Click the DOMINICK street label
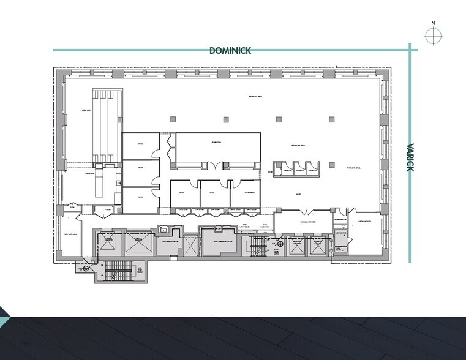coord(230,51)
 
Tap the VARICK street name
coord(410,157)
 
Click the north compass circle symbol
coord(433,37)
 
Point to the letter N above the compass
coord(433,23)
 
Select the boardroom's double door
coord(215,164)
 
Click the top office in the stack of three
coord(140,146)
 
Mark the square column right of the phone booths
coord(331,164)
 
